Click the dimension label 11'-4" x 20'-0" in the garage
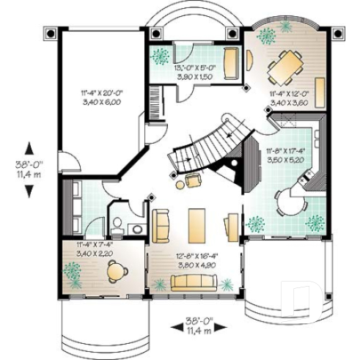101,98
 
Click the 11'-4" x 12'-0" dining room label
287,98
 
